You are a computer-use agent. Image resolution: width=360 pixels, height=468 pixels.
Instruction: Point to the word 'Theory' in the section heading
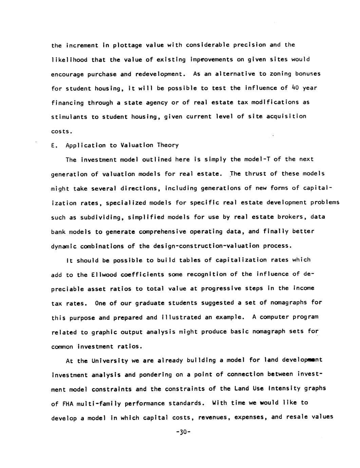tap(168, 145)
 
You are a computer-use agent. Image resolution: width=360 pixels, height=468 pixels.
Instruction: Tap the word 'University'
tap(109, 360)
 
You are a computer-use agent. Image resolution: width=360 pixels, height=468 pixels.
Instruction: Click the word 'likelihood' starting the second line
tap(69, 60)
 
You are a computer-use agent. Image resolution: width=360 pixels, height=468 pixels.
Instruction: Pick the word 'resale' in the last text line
tap(297, 417)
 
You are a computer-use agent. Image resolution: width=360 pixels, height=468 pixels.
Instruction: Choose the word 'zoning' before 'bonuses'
tap(280, 74)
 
